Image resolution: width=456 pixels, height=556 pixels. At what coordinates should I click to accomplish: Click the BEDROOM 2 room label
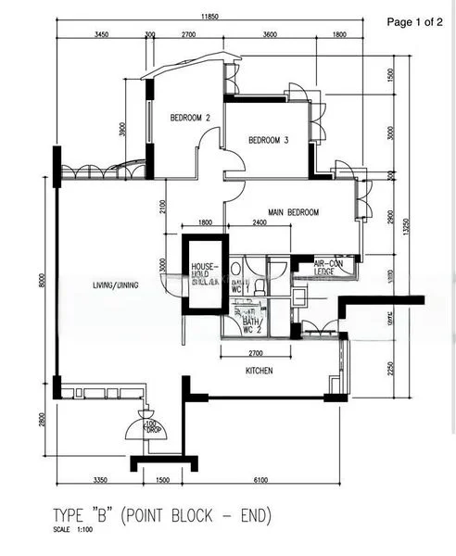click(190, 118)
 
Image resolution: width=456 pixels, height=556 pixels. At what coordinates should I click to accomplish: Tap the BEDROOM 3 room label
click(269, 140)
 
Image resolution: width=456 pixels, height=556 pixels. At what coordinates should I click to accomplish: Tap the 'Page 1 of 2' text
click(414, 21)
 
